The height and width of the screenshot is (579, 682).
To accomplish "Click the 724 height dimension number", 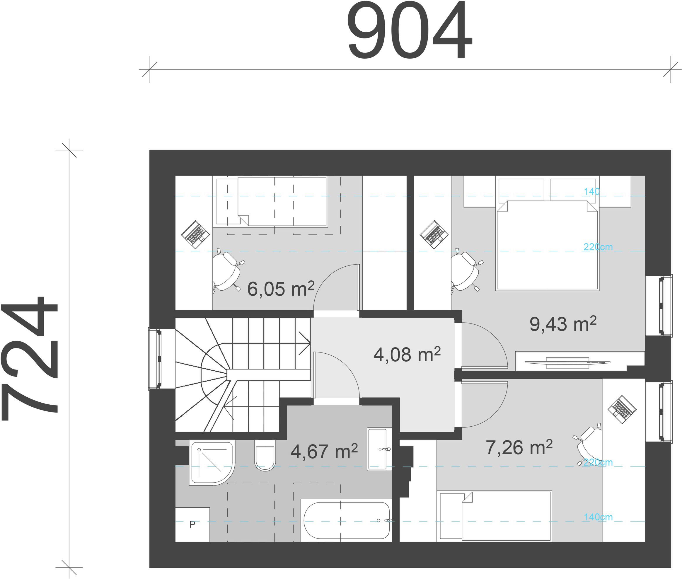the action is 30,358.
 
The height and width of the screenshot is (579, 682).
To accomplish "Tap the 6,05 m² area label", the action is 281,289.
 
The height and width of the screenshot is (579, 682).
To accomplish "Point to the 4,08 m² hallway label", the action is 407,355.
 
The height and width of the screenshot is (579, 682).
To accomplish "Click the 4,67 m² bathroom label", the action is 324,451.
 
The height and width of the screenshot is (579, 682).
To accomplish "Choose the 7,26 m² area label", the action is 519,447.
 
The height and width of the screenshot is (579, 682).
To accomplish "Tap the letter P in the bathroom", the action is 192,524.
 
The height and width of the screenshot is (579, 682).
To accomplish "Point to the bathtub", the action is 347,521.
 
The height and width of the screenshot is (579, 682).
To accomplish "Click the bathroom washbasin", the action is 379,449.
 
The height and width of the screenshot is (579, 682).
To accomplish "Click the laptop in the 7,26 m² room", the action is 622,409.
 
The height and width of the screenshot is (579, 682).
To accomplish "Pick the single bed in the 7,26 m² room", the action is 494,516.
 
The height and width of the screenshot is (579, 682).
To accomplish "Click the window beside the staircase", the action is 155,358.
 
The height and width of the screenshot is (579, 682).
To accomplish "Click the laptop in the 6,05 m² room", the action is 196,234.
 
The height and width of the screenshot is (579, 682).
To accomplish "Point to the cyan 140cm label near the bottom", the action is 598,517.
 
